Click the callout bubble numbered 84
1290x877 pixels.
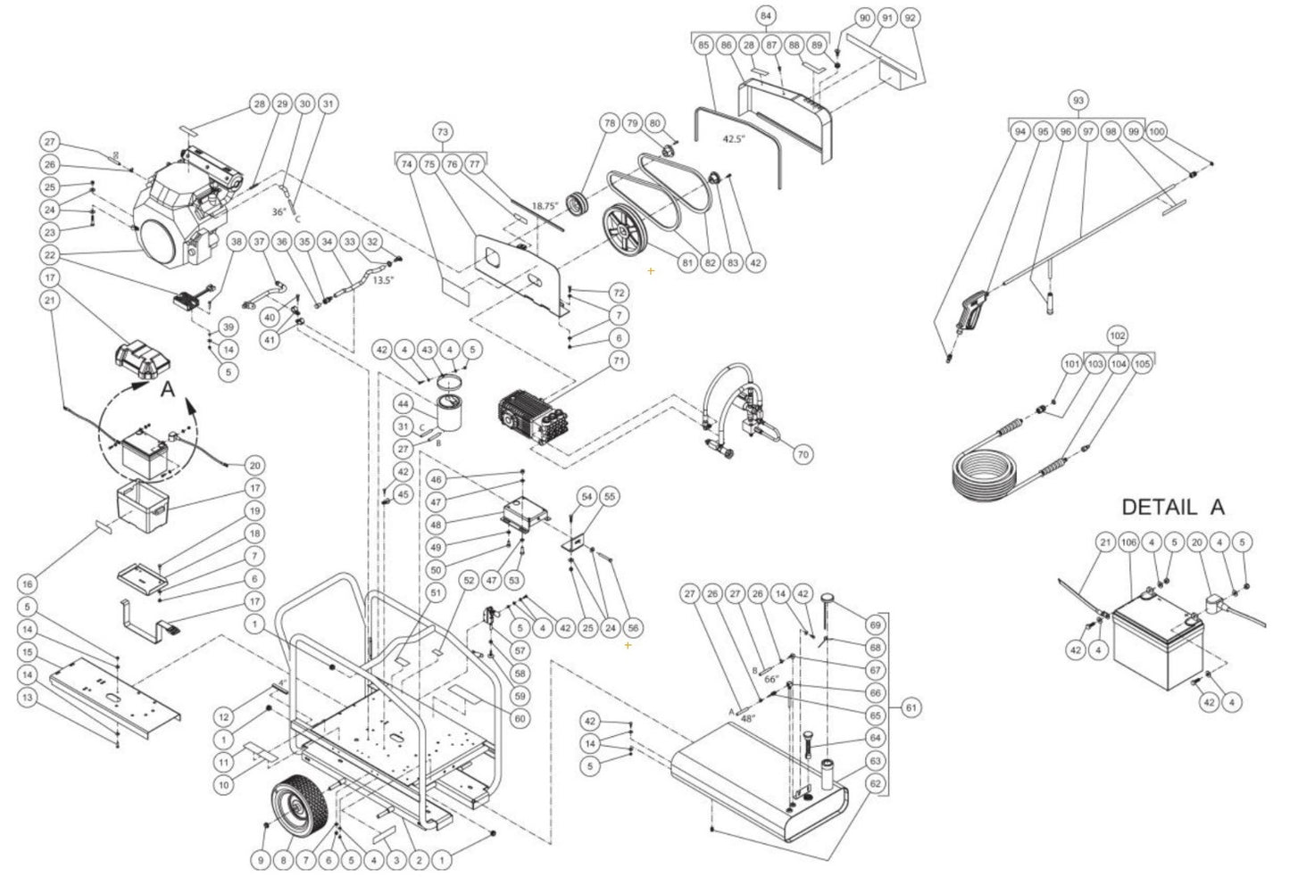(765, 17)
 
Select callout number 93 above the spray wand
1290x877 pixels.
(1078, 100)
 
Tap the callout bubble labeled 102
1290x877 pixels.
(1116, 336)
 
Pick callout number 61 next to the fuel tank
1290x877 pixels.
(911, 707)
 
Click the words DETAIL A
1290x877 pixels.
(1172, 507)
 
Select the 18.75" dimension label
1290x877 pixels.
(544, 206)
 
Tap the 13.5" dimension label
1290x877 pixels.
(384, 279)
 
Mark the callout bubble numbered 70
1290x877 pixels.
(803, 454)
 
